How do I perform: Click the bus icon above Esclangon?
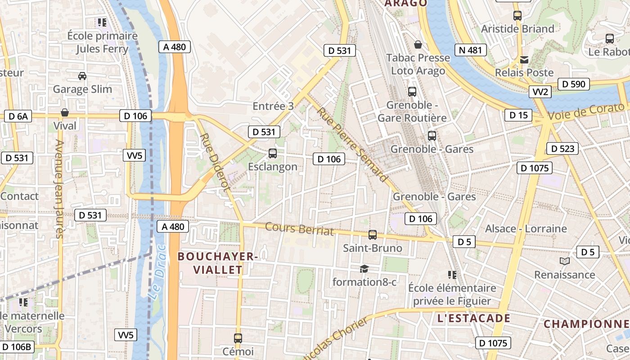(273, 153)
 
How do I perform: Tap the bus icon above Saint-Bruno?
(373, 234)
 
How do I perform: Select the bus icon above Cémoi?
(238, 337)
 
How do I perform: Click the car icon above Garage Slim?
(82, 76)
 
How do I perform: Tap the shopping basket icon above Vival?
(65, 112)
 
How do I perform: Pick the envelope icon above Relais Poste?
(524, 59)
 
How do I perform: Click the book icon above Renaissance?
(564, 261)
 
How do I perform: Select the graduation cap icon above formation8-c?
(364, 269)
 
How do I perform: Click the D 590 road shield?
(574, 84)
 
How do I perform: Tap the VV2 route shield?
(540, 92)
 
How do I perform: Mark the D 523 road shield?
(562, 148)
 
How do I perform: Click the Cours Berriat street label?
(299, 229)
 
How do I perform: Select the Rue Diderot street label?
(215, 162)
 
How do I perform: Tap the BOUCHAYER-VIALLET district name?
(218, 263)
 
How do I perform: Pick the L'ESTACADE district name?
(474, 319)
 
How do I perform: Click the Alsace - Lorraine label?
(526, 229)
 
